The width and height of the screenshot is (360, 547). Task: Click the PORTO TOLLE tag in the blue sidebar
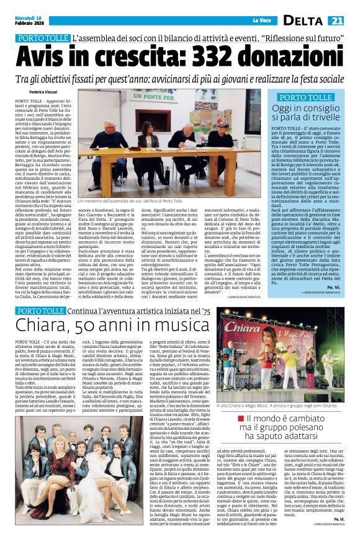click(x=305, y=97)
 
